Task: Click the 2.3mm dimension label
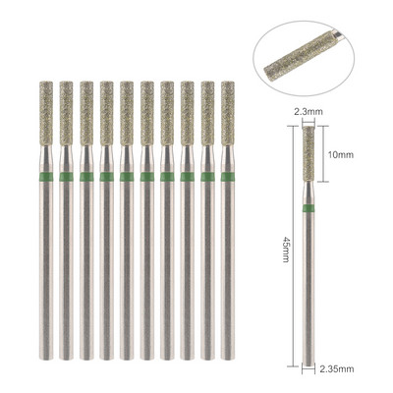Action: (x=309, y=112)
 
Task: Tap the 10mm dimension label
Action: (x=341, y=154)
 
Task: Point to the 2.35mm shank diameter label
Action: (x=337, y=369)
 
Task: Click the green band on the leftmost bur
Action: (x=46, y=177)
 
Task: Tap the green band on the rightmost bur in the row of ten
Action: (x=228, y=177)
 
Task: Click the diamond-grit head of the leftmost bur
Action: (x=46, y=113)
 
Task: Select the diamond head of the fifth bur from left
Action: (x=127, y=113)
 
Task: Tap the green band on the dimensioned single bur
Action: (x=309, y=208)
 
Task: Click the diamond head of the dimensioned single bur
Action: (x=309, y=154)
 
